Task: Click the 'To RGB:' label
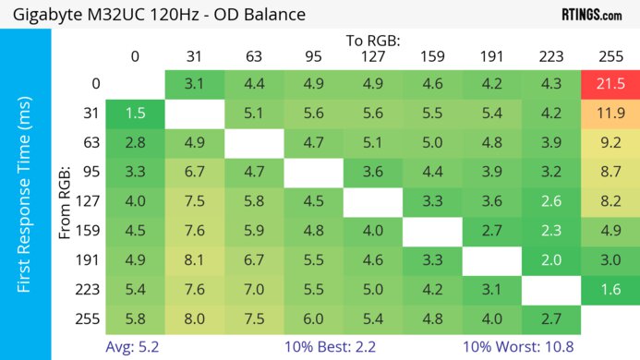pyautogui.click(x=373, y=41)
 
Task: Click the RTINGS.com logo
pyautogui.click(x=591, y=16)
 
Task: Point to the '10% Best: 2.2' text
pyautogui.click(x=333, y=347)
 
